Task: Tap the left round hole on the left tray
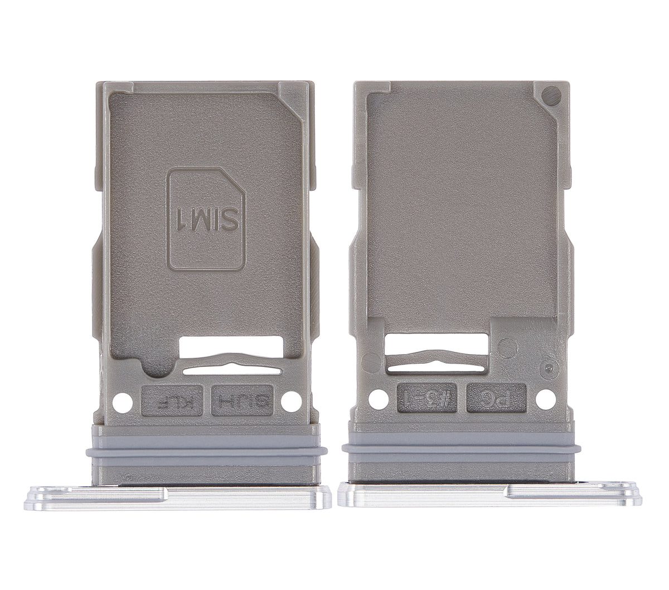click(x=119, y=400)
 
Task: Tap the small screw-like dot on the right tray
click(x=550, y=367)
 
